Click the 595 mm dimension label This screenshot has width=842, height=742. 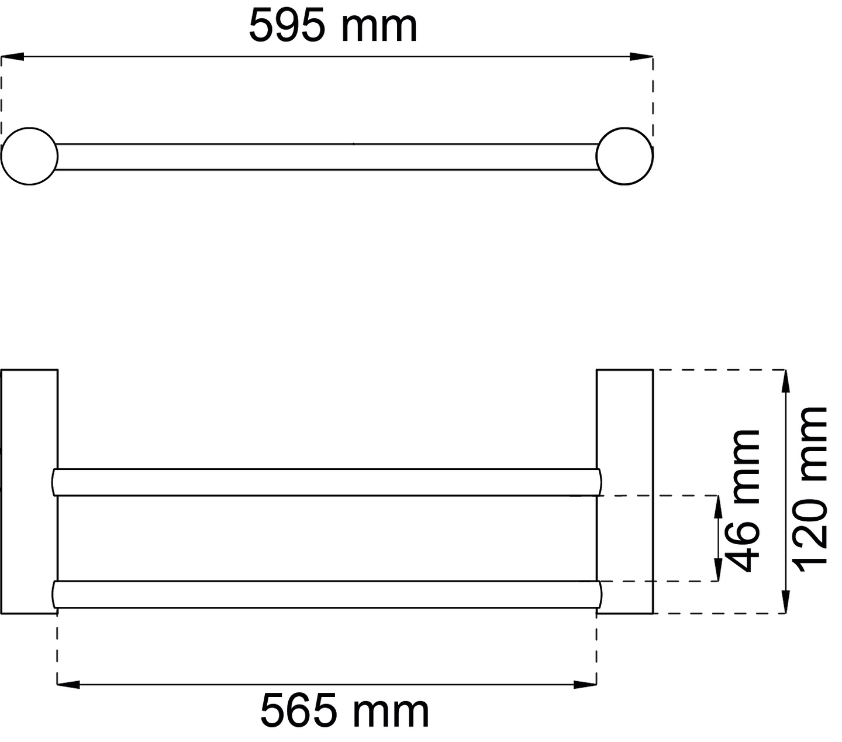333,26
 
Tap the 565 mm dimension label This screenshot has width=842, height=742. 344,710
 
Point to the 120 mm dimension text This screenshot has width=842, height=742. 810,486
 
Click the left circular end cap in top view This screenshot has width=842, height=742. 29,156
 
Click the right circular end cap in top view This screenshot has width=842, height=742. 624,156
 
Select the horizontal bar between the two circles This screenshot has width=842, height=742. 327,157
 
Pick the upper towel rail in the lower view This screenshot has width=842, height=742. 327,482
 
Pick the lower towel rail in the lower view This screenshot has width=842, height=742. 327,595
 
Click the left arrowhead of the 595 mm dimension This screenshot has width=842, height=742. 12,57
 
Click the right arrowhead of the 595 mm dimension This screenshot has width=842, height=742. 641,57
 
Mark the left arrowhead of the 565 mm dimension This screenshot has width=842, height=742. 68,683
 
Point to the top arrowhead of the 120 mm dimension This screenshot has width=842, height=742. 786,381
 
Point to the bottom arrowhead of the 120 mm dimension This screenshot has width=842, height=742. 786,602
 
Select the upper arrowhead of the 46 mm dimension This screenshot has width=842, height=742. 717,507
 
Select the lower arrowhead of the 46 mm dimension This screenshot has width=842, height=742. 717,571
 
